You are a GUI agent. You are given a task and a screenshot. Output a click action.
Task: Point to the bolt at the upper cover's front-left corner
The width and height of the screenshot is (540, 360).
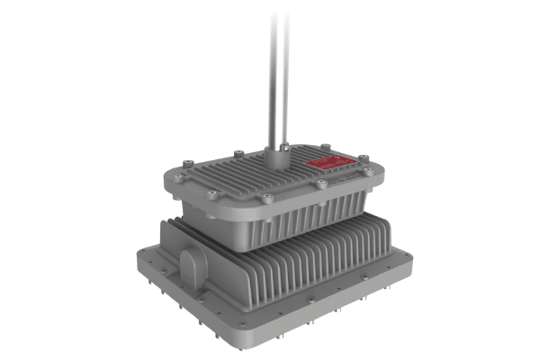click(209, 191)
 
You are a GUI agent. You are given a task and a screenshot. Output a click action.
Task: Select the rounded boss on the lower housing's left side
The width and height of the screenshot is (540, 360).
click(193, 263)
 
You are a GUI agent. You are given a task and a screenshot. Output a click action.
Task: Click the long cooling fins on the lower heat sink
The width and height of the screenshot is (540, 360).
click(297, 265)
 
